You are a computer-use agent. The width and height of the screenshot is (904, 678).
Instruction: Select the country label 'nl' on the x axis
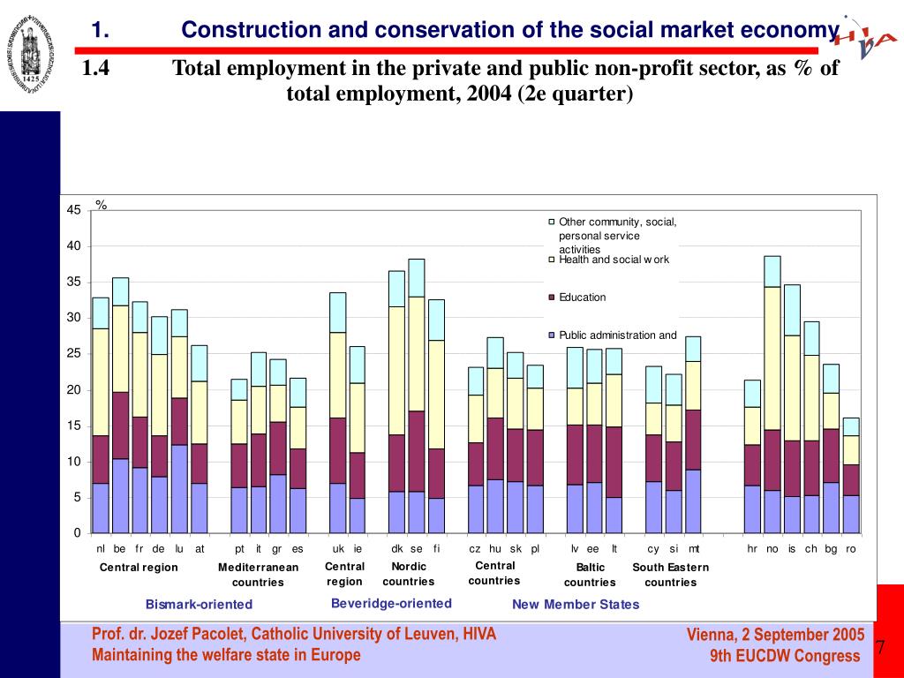(x=101, y=549)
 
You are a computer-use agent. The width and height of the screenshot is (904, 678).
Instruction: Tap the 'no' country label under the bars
(x=772, y=549)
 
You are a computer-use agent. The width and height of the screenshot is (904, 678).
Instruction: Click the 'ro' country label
(x=850, y=549)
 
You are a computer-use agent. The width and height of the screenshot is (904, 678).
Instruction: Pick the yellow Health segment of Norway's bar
(x=772, y=358)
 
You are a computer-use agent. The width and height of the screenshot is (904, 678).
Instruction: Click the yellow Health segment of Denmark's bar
(x=396, y=371)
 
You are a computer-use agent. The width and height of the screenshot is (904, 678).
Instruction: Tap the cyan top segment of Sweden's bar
(x=416, y=277)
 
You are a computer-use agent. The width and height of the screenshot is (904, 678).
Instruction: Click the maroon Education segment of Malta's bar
(x=693, y=440)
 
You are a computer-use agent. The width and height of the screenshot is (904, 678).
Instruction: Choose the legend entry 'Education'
(x=582, y=298)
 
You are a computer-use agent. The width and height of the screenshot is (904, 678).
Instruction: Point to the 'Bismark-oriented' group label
(x=199, y=605)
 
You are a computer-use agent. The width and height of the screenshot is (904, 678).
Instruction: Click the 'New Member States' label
(x=576, y=605)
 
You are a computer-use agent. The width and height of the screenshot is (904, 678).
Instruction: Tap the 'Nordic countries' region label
(x=409, y=574)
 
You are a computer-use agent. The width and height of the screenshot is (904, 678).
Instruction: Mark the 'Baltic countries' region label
(x=590, y=575)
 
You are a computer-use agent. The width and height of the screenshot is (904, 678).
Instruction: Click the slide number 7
(x=880, y=648)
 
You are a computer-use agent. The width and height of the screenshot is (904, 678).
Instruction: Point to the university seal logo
(x=30, y=50)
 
